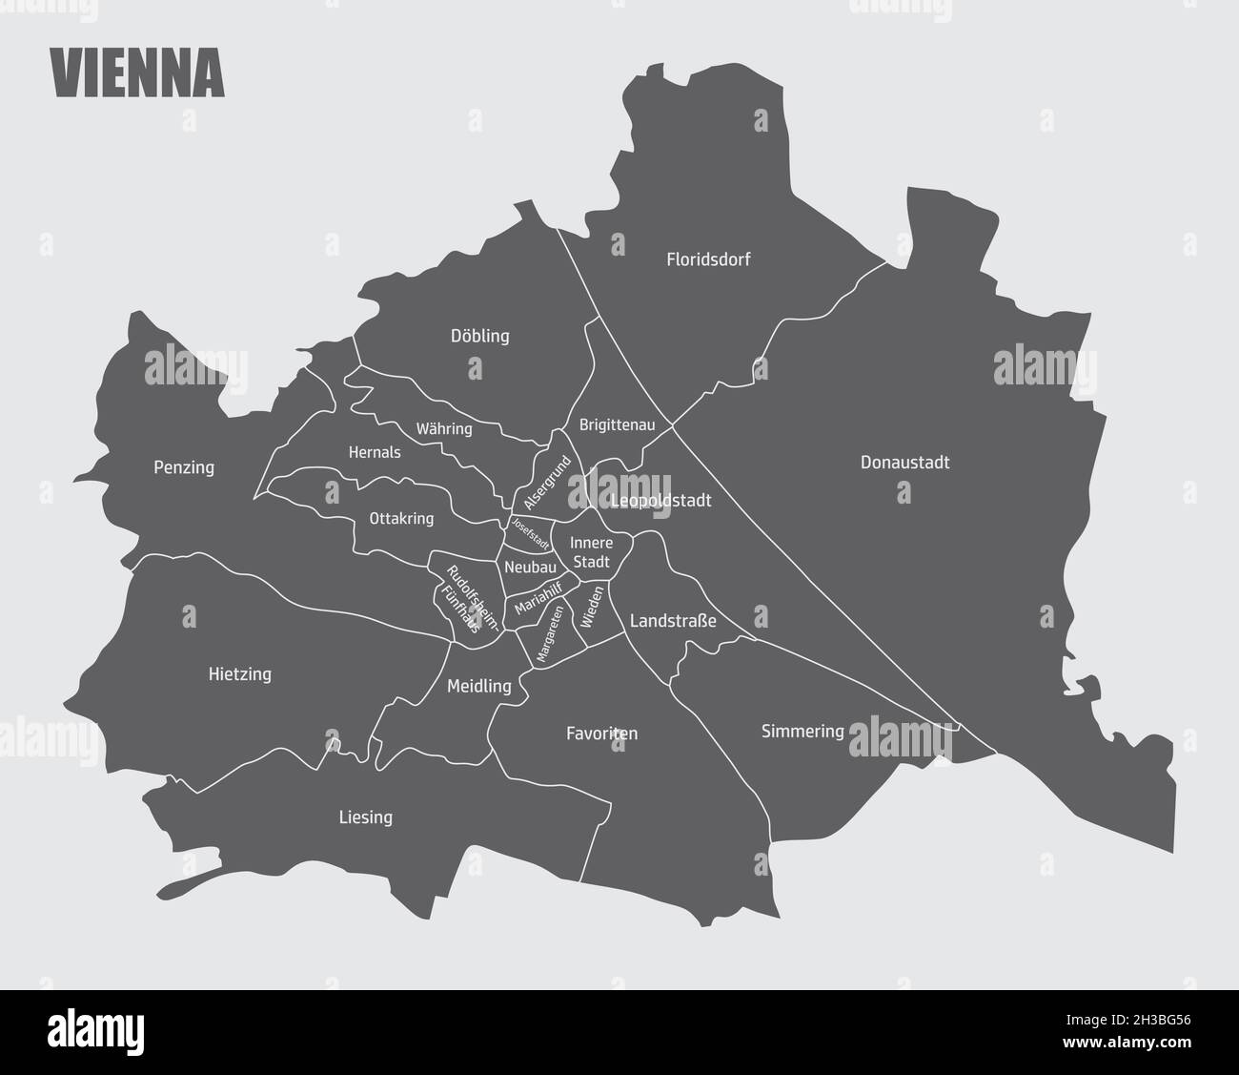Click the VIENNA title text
pos(136,72)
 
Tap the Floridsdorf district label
pos(708,258)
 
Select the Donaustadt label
pos(904,463)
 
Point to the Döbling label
pos(479,336)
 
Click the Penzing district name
pos(184,467)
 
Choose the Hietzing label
pos(239,674)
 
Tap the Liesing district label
pos(365,817)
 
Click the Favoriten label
pos(601,734)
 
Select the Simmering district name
pos(802,732)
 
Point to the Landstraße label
pos(673,621)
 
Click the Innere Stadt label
pos(590,552)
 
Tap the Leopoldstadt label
pos(661,500)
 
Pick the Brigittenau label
pos(617,425)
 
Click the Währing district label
pos(444,428)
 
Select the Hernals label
pos(375,452)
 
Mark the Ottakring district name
pos(401,519)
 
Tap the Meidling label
pos(478,686)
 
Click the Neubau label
pos(530,567)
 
